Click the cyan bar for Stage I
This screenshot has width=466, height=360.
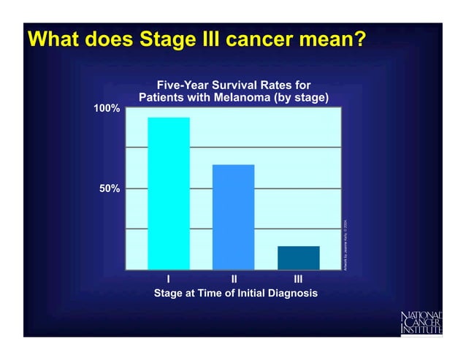tap(169, 193)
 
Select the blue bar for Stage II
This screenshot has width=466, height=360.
tap(233, 217)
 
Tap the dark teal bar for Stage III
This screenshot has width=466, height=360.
tap(298, 257)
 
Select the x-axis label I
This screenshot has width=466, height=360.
tap(169, 279)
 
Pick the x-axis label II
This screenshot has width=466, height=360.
tap(233, 279)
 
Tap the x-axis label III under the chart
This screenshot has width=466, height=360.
tap(298, 279)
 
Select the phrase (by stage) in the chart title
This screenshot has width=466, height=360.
tap(299, 98)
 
